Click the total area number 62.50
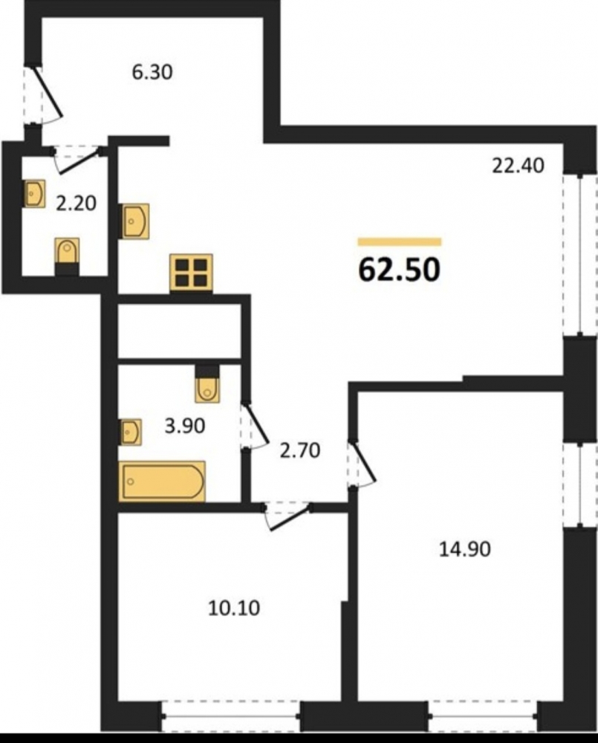pos(400,270)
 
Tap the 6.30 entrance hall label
pos(152,73)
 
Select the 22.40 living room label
pos(518,166)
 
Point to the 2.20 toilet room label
pos(76,204)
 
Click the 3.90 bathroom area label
pos(185,426)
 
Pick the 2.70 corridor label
pos(300,450)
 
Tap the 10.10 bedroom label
pos(234,608)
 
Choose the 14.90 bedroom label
pos(465,549)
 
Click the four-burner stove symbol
pos(192,273)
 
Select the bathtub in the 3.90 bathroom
pos(162,481)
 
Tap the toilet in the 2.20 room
pos(68,255)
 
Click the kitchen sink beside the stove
pos(135,221)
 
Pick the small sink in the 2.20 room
pos(35,193)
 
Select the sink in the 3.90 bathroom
pos(130,432)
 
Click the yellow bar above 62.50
pos(400,242)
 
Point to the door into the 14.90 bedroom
pos(363,464)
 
